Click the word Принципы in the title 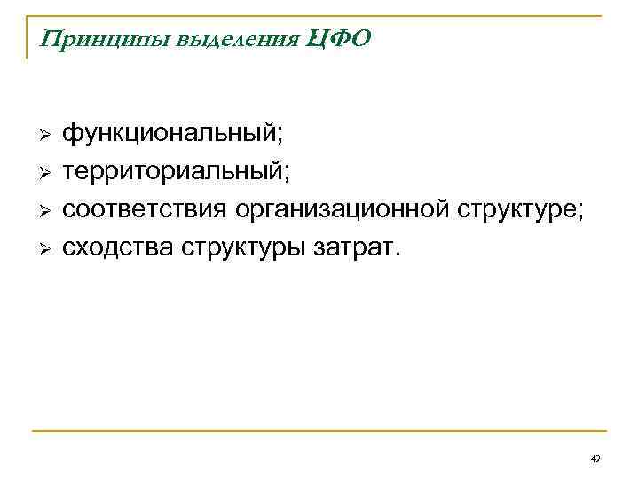click(x=90, y=40)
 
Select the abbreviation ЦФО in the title click(x=338, y=40)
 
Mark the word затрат click(x=353, y=247)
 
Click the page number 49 click(x=596, y=459)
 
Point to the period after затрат click(x=398, y=253)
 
